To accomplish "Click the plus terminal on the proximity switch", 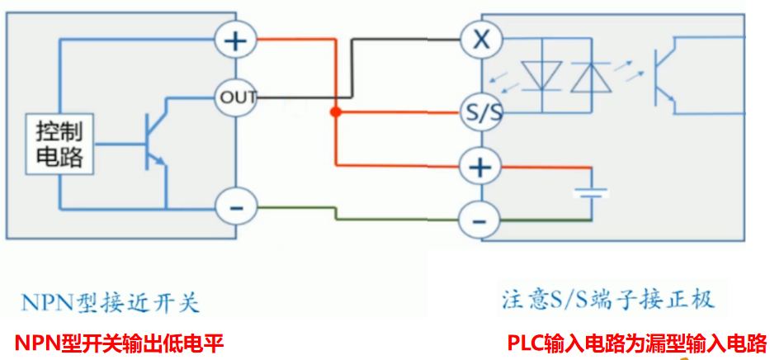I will coord(236,40).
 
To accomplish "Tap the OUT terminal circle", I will coord(236,97).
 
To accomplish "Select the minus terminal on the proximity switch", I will coord(236,207).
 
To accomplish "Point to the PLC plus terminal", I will coord(479,168).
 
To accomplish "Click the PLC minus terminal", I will coord(479,220).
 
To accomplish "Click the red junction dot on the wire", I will coord(335,112).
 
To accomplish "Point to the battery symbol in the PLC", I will coord(591,192).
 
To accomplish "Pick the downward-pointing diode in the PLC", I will coord(542,76).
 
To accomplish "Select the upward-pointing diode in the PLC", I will coord(588,76).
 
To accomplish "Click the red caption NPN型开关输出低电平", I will coord(119,343).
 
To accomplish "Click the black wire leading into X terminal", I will coord(404,39).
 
